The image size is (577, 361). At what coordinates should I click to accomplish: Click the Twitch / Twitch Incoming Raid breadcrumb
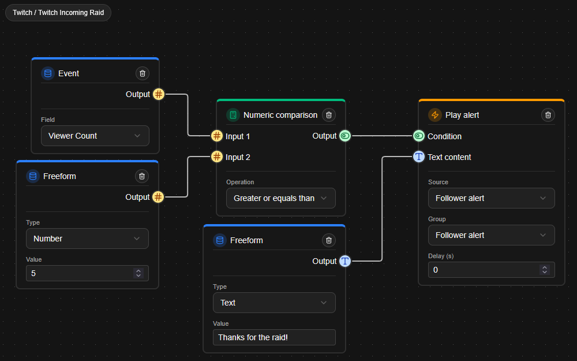click(58, 13)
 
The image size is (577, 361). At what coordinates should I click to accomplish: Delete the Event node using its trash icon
click(143, 73)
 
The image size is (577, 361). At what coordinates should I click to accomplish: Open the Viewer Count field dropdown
click(95, 136)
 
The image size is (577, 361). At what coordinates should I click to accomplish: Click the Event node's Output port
click(159, 94)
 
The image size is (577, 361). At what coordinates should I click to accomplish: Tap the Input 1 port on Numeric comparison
click(216, 136)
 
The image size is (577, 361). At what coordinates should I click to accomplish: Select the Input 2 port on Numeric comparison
click(216, 157)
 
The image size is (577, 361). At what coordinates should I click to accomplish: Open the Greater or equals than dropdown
click(280, 198)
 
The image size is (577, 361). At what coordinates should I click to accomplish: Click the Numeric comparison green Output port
click(345, 136)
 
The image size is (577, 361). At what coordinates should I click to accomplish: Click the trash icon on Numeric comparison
click(329, 115)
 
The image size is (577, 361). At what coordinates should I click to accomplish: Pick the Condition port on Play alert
click(419, 136)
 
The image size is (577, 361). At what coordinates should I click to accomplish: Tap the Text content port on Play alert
click(419, 157)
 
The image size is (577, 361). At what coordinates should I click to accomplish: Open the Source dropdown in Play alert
click(491, 198)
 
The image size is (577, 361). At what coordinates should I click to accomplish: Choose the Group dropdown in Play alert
click(491, 235)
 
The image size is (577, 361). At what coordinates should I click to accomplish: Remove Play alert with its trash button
click(548, 115)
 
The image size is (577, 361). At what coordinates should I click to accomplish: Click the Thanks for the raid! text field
click(274, 337)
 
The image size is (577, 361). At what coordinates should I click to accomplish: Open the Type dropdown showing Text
click(274, 303)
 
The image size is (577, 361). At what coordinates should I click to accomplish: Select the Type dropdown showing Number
click(87, 239)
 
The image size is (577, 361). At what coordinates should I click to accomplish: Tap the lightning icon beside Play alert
click(435, 115)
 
